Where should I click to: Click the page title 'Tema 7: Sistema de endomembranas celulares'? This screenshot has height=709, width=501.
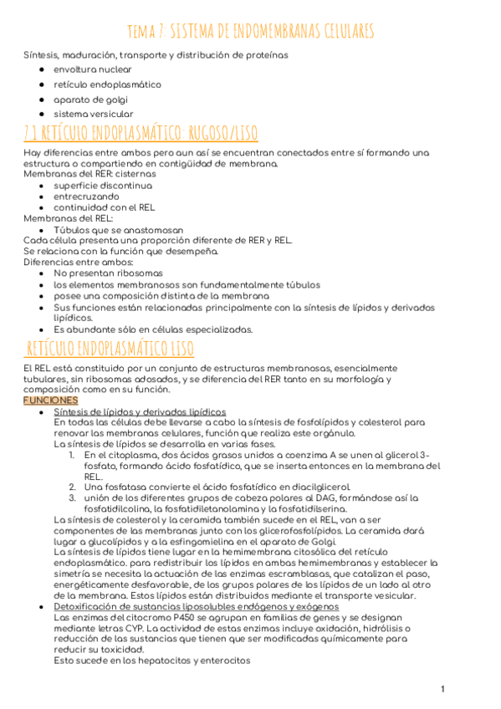click(250, 32)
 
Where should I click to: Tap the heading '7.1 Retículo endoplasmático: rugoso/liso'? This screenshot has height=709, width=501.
click(141, 133)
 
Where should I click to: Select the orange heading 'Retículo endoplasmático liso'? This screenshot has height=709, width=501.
click(110, 348)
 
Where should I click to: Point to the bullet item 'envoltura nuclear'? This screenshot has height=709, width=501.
click(92, 69)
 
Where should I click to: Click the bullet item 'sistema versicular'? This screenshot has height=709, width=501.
click(93, 113)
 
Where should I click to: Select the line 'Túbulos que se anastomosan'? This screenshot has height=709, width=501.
click(118, 229)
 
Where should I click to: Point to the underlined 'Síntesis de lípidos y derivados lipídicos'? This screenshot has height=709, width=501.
click(139, 411)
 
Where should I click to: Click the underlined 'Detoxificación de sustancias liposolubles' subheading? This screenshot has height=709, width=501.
click(196, 606)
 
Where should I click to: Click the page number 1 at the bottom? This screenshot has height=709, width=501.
click(442, 689)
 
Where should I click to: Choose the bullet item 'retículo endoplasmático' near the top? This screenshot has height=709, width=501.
click(107, 84)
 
